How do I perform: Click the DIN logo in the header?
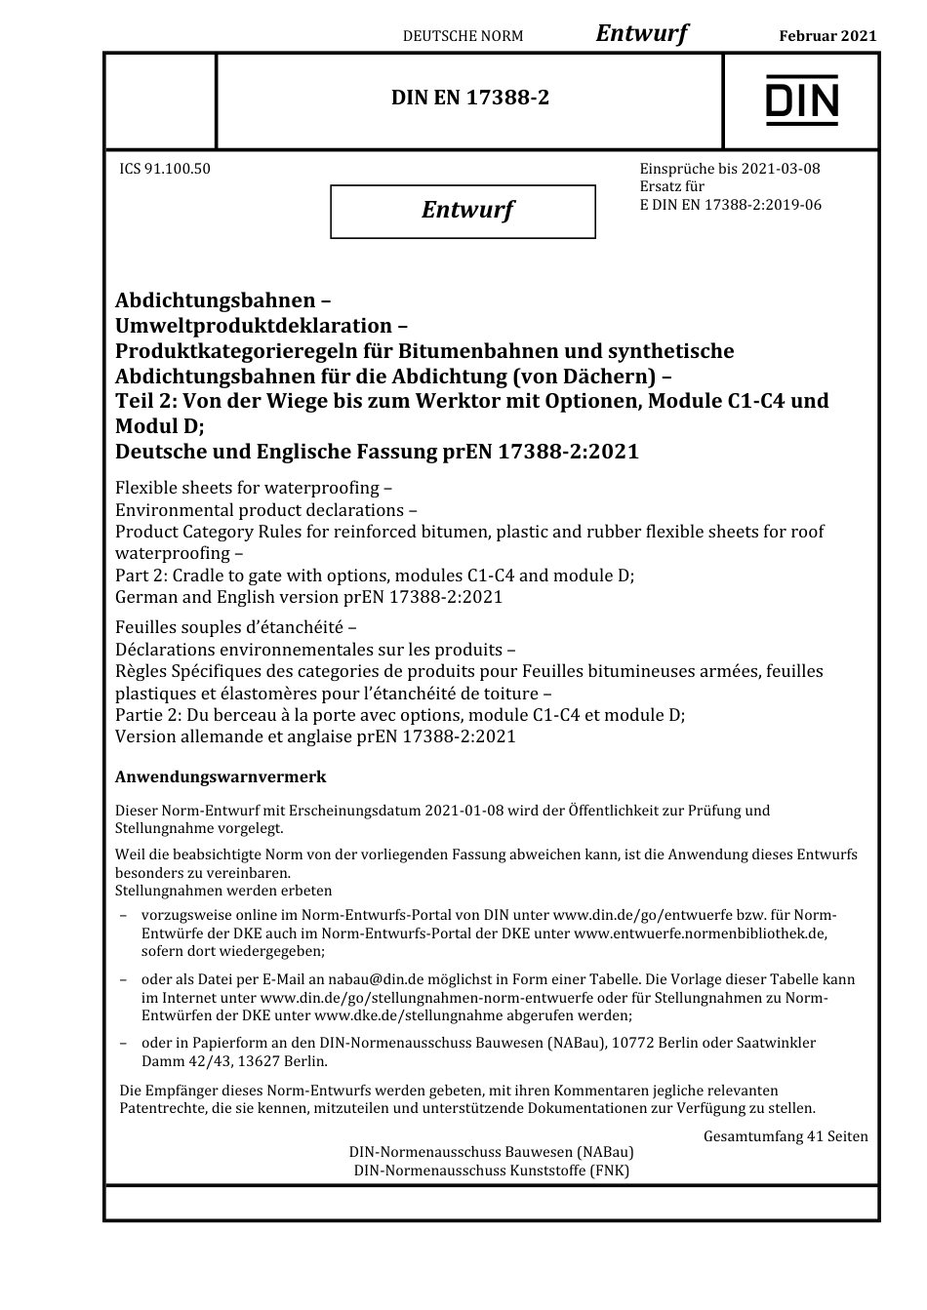[801, 100]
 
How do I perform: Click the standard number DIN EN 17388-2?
[470, 98]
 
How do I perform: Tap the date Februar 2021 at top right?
[827, 36]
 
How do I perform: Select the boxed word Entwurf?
[467, 210]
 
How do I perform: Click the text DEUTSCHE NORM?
[463, 36]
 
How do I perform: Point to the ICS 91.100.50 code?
[165, 169]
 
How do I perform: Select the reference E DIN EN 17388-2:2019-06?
[730, 205]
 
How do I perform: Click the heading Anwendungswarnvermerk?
[221, 777]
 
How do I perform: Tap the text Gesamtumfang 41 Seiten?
[786, 1136]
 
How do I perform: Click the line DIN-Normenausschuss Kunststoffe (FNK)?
[491, 1171]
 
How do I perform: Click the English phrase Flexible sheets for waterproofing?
[247, 488]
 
